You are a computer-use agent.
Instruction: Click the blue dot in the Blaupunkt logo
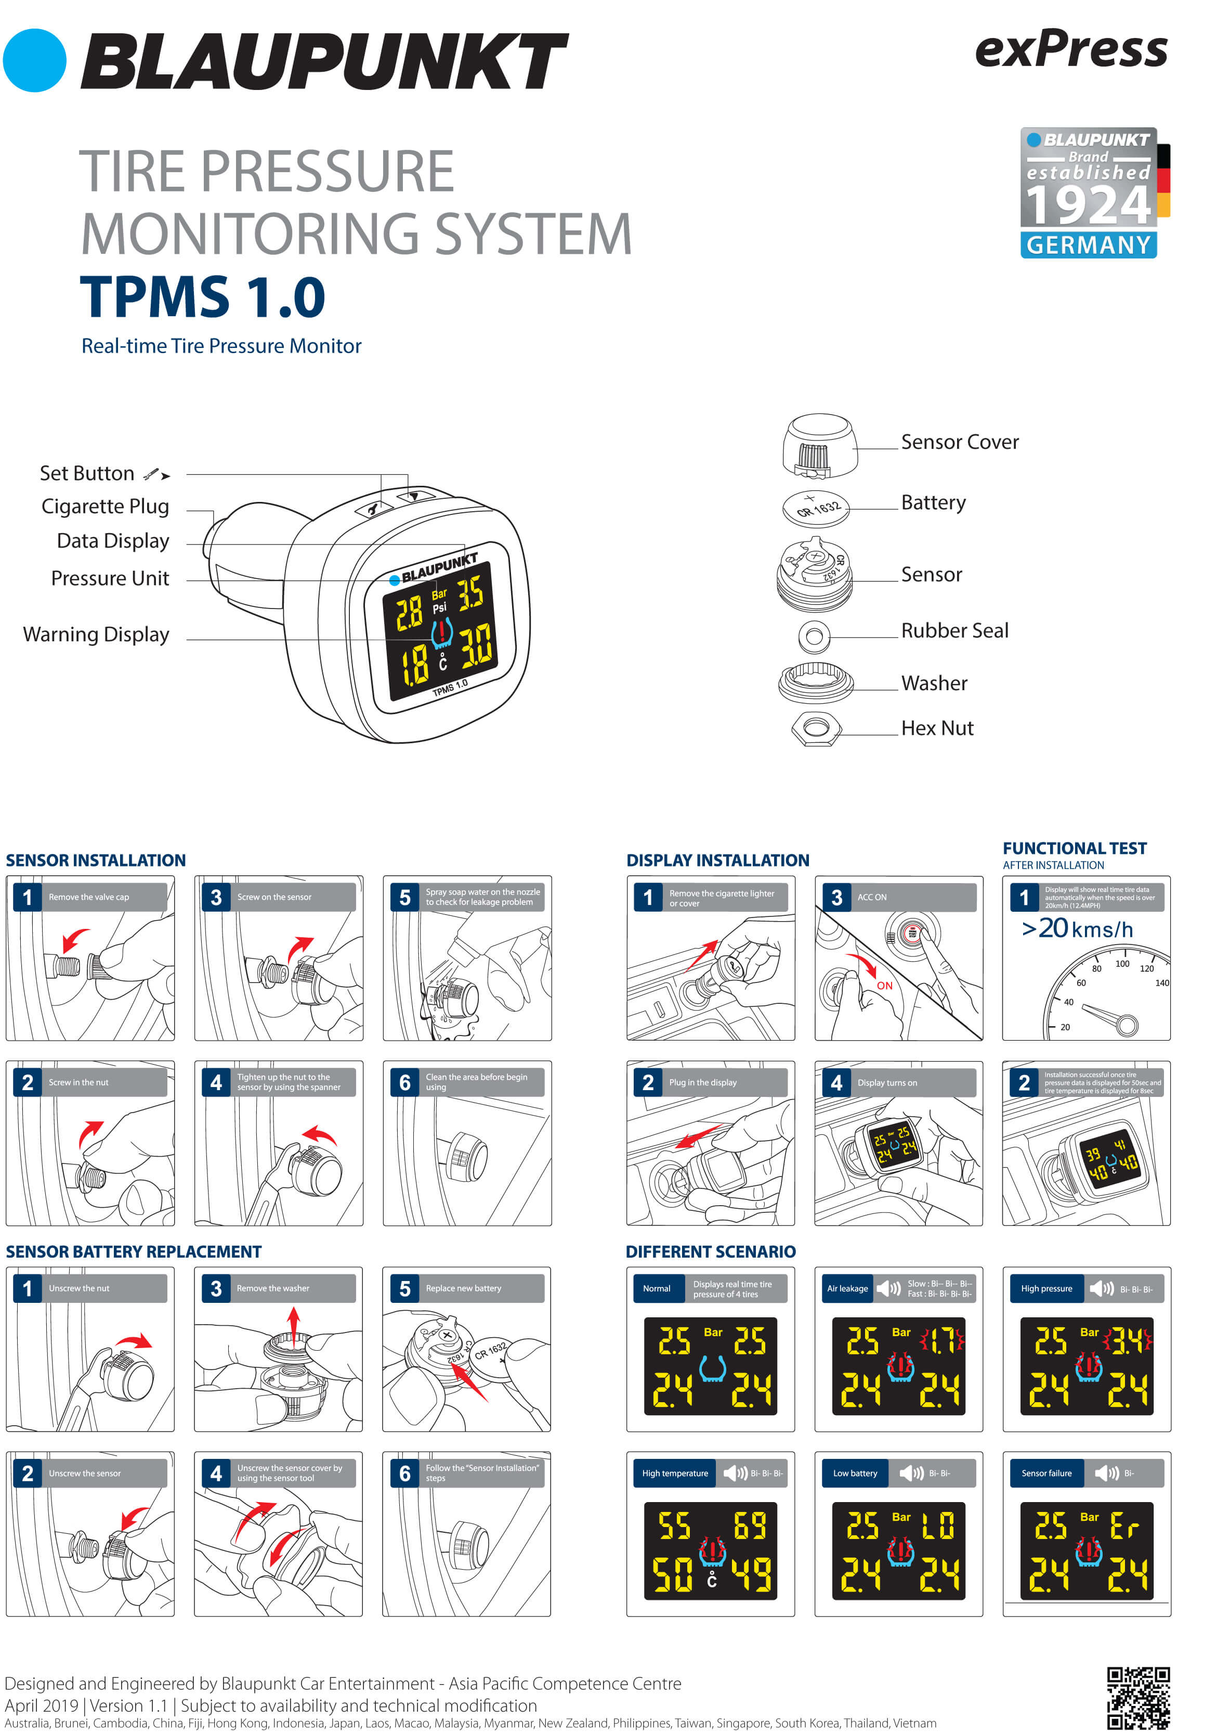point(34,61)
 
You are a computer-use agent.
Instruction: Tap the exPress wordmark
point(1071,50)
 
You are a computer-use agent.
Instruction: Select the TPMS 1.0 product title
point(202,296)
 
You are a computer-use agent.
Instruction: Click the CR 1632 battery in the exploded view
point(816,507)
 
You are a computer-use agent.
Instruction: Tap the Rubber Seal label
point(954,630)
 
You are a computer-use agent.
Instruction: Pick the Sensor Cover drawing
point(819,446)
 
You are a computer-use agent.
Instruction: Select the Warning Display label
point(96,634)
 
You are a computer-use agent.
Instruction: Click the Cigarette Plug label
point(106,506)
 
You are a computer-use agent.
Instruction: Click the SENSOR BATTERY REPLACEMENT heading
point(133,1252)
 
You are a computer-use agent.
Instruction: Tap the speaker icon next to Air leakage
point(887,1288)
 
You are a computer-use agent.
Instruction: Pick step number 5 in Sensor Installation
point(404,898)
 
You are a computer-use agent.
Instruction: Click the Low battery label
point(855,1473)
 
